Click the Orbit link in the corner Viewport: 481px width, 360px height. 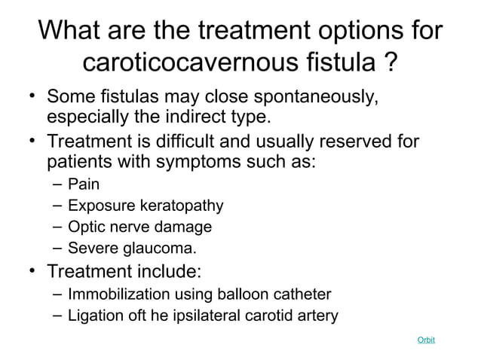[x=426, y=340]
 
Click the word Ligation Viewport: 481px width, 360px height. [x=93, y=315]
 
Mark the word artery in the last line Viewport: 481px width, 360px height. [x=317, y=315]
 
